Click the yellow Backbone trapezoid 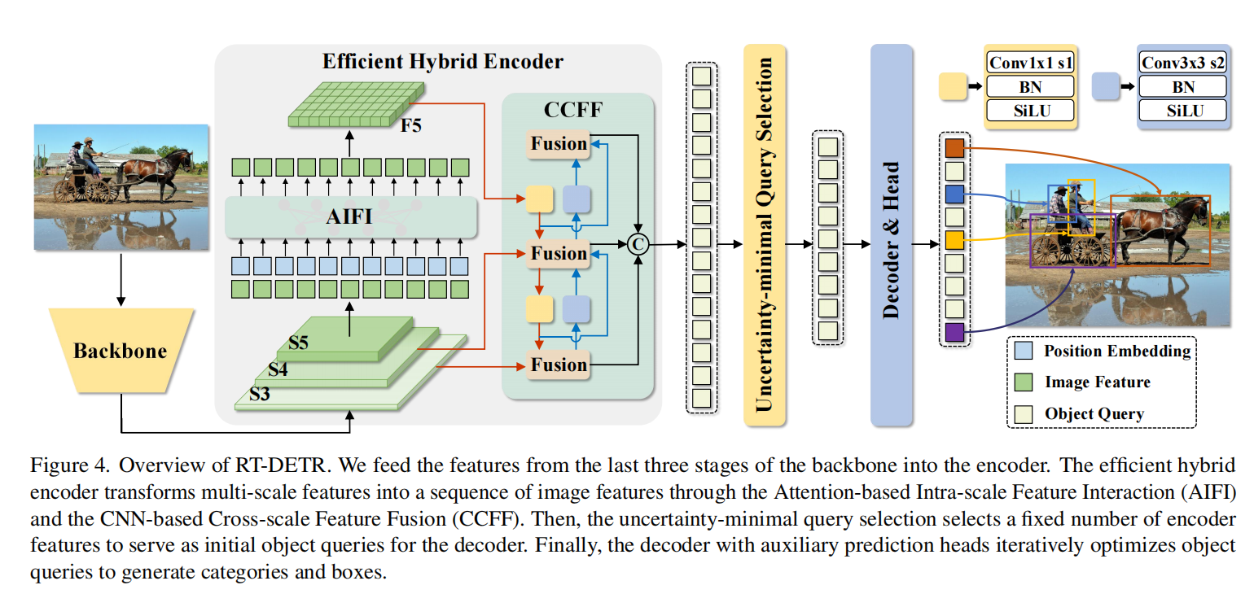tap(121, 351)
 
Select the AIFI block tap(351, 217)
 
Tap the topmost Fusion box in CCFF tap(559, 144)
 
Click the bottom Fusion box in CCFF tap(559, 365)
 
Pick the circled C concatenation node tap(639, 243)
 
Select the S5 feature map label tap(298, 343)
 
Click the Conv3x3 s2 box tap(1182, 63)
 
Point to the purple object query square tap(954, 332)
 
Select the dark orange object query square tap(954, 148)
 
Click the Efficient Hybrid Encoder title tap(442, 62)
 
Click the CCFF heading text tap(574, 110)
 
